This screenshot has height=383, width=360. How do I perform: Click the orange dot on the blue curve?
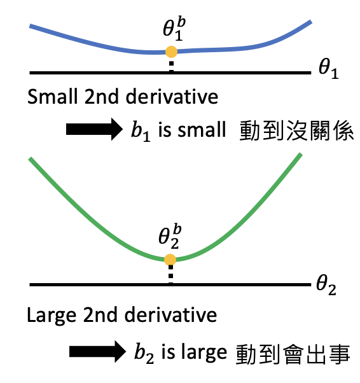[x=171, y=52]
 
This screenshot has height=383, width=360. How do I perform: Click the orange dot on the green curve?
[x=170, y=260]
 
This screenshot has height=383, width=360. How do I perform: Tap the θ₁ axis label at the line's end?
[x=328, y=69]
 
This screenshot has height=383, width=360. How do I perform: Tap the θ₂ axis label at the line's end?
[x=326, y=285]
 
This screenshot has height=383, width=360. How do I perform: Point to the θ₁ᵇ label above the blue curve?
[x=174, y=29]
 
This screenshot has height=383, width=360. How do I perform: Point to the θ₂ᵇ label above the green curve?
[x=170, y=237]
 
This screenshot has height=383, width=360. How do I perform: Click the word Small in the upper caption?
[x=52, y=97]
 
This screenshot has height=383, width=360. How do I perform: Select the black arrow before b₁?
[x=94, y=129]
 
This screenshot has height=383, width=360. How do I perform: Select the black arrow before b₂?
[x=97, y=352]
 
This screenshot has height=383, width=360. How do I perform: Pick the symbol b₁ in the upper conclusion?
[x=141, y=132]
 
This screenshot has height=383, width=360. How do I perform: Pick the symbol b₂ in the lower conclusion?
[x=144, y=354]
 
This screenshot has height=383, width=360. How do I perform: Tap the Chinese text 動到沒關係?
[x=296, y=130]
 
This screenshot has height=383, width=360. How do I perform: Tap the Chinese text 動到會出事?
[x=293, y=354]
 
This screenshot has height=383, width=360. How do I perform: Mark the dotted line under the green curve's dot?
[x=170, y=275]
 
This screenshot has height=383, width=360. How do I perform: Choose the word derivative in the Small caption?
[x=172, y=97]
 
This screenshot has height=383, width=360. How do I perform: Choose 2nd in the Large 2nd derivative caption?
[x=100, y=315]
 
